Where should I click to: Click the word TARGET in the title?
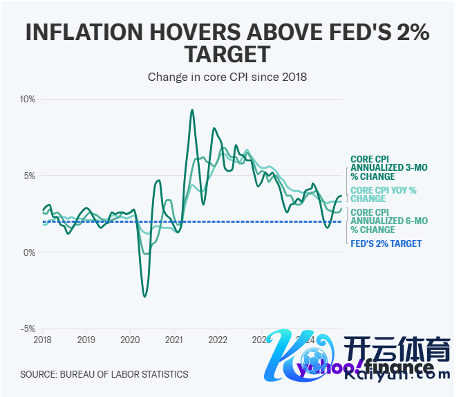(227, 55)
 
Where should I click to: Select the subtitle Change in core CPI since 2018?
(227, 77)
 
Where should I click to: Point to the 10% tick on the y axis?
(27, 99)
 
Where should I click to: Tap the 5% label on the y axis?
(30, 176)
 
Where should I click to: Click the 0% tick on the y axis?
(30, 252)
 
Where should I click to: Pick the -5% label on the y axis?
(28, 329)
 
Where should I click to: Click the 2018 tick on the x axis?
(42, 340)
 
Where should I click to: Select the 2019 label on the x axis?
(86, 340)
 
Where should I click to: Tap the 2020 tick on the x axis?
(130, 340)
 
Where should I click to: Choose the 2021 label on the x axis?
(174, 340)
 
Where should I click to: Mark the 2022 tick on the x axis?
(218, 340)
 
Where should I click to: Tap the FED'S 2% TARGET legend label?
(386, 243)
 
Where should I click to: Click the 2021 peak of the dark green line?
(191, 110)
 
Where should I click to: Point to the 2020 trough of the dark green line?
(144, 297)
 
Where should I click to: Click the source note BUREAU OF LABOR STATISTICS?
(104, 374)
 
